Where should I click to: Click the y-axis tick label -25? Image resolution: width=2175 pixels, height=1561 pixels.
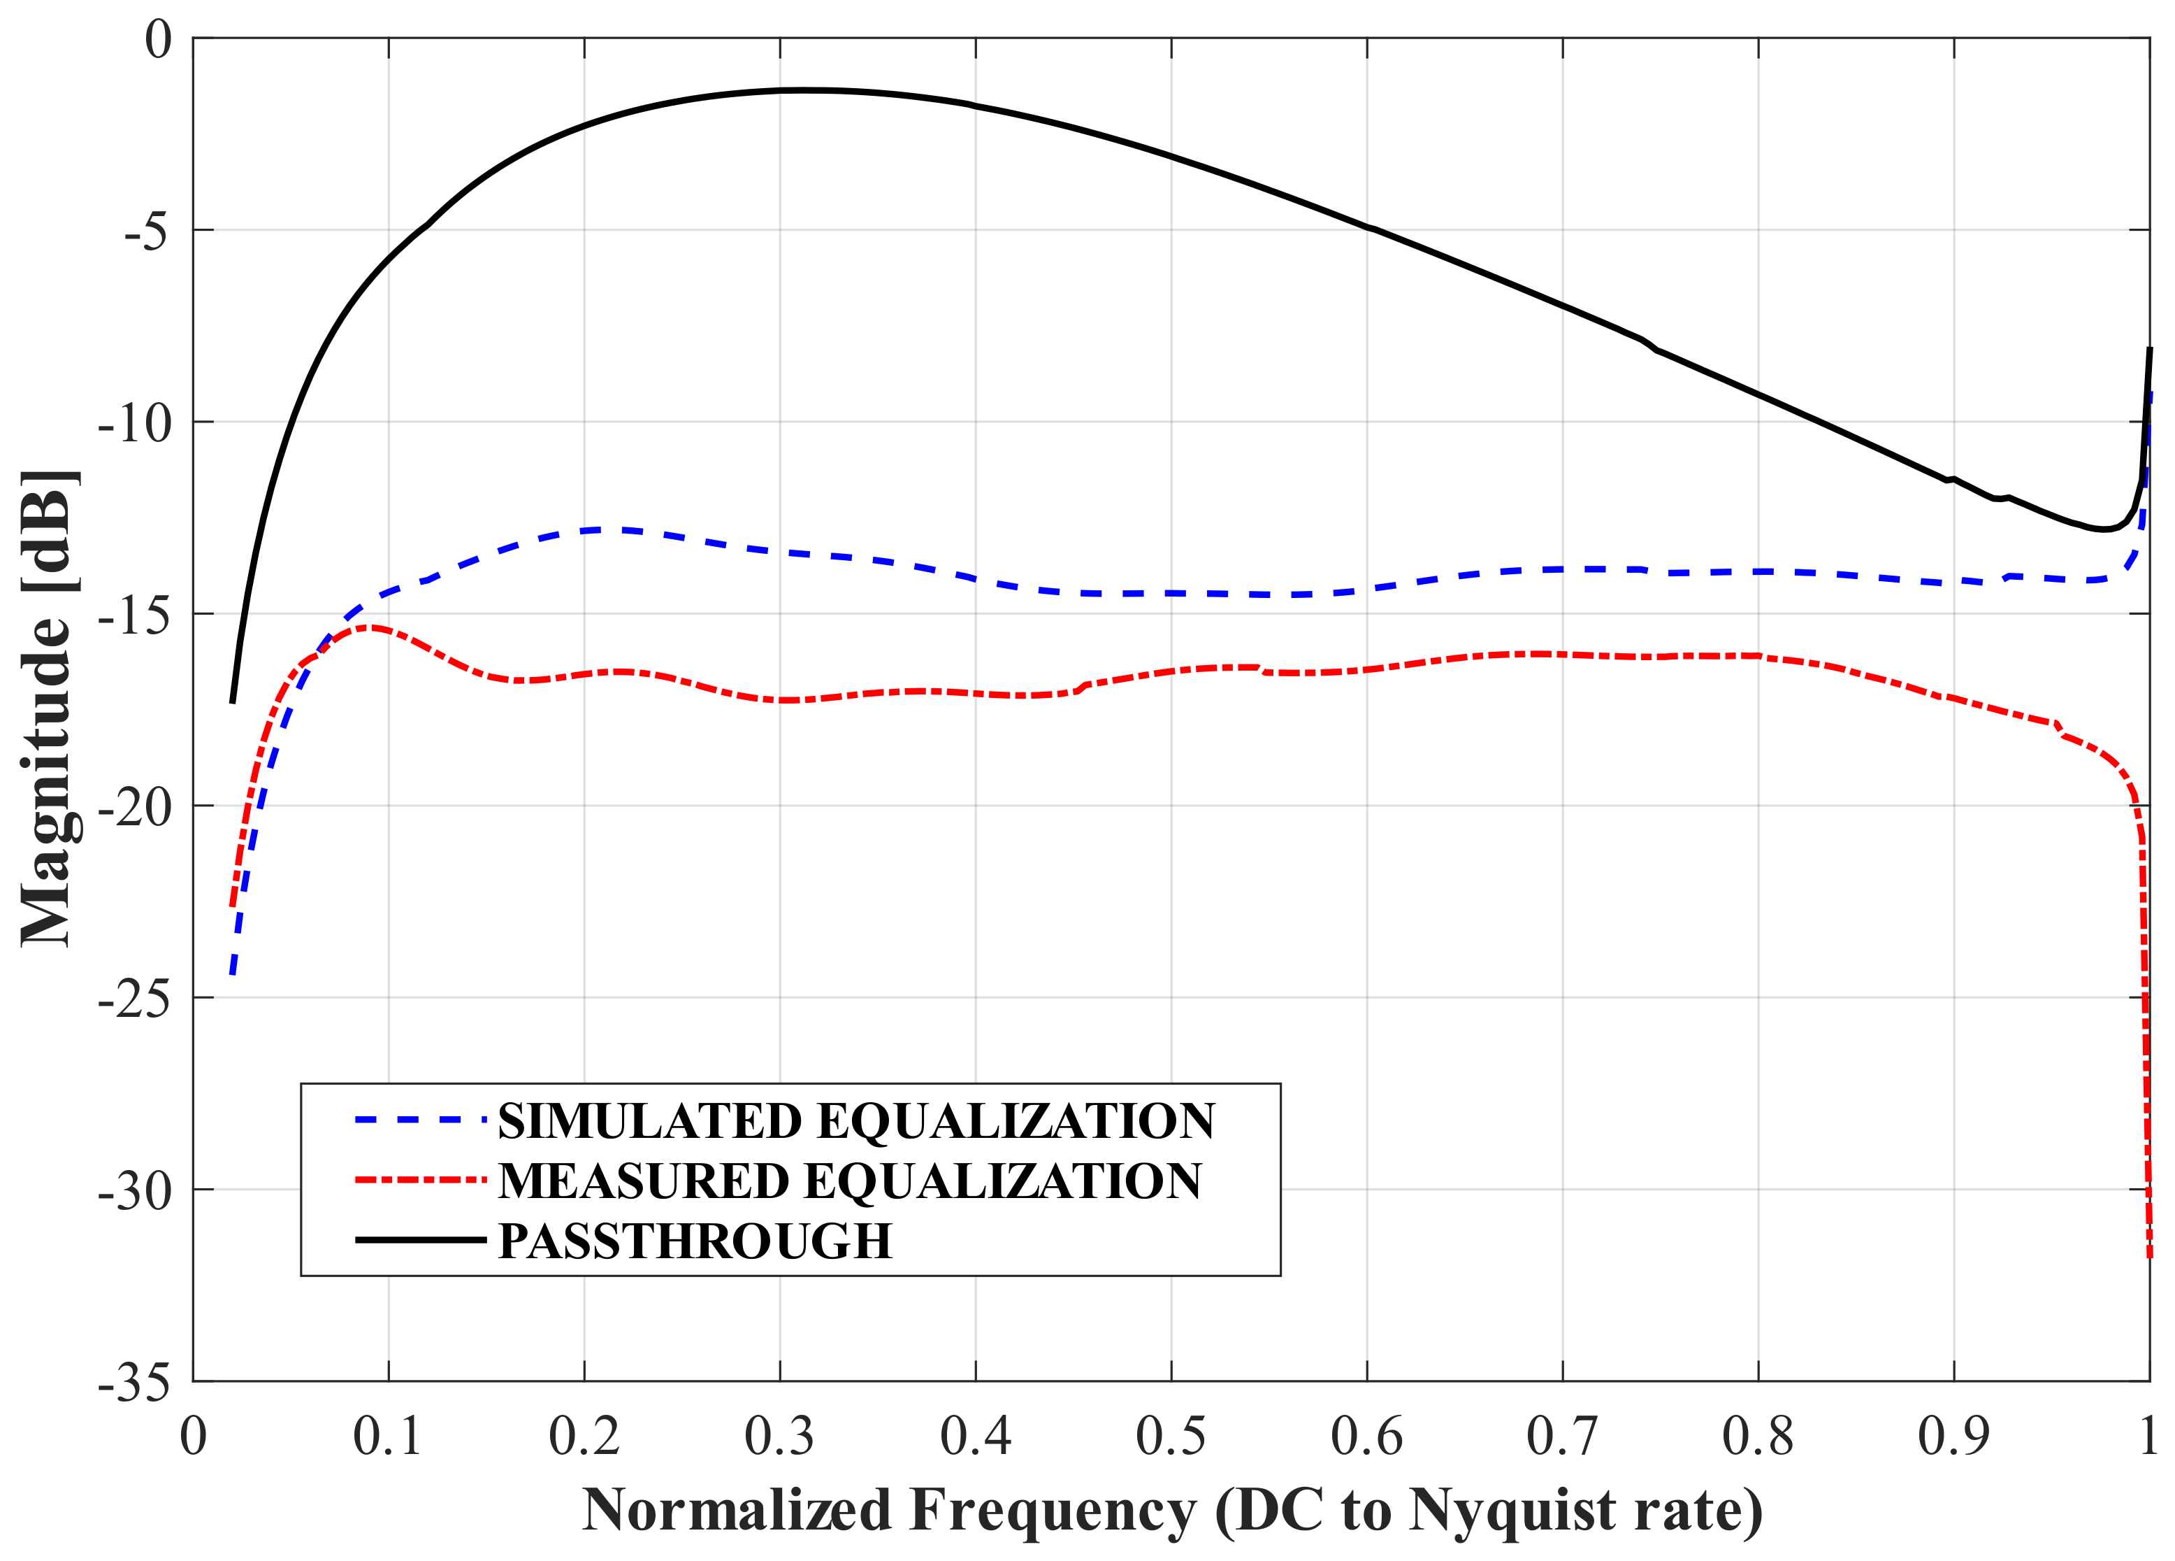click(x=134, y=999)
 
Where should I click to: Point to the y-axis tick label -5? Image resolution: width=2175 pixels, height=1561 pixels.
click(x=147, y=231)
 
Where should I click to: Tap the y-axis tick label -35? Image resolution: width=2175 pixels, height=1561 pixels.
click(x=134, y=1383)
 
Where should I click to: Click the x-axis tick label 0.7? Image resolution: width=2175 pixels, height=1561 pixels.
click(x=1561, y=1437)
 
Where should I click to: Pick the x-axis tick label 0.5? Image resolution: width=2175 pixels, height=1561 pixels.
click(x=1170, y=1437)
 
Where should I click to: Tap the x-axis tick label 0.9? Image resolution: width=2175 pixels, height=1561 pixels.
click(x=1953, y=1437)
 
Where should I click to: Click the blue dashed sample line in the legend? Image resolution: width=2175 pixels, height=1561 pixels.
click(x=420, y=1120)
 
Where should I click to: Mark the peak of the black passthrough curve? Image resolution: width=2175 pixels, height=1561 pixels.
click(x=801, y=90)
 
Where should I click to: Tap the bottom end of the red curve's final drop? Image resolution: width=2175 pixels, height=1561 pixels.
click(x=2149, y=1255)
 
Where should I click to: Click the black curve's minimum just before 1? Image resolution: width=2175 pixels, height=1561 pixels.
click(x=2103, y=529)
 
